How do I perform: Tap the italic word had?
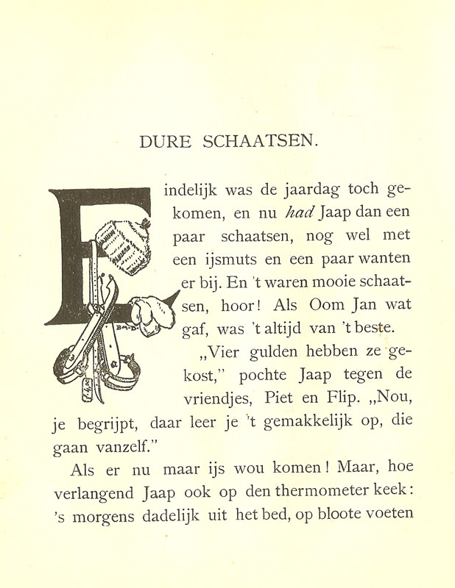click(x=298, y=212)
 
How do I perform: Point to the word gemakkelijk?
click(x=310, y=424)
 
